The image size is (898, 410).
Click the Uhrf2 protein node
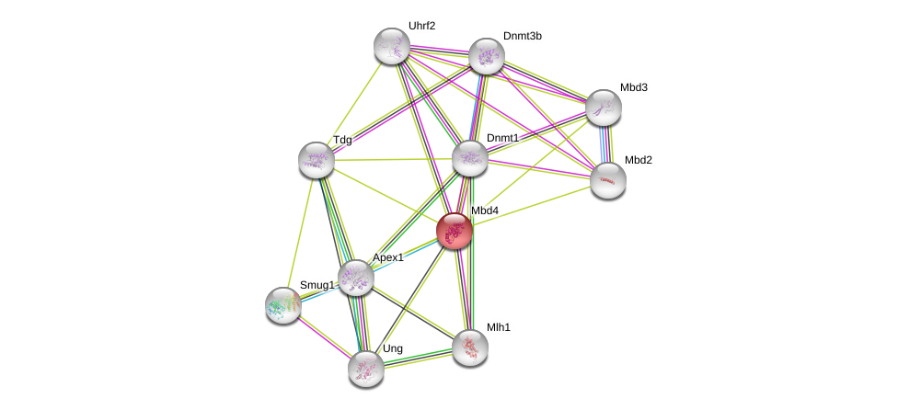click(391, 46)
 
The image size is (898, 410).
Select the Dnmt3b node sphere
click(487, 56)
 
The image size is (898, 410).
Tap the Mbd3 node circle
click(603, 108)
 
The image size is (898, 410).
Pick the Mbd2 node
click(607, 180)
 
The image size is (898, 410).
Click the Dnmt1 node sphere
click(469, 158)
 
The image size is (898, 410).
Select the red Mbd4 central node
click(454, 231)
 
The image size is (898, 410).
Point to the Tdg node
click(316, 160)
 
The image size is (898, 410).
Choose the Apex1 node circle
click(355, 278)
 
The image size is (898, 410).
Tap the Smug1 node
click(283, 305)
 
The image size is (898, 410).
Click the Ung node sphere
click(365, 369)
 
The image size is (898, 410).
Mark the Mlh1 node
click(469, 347)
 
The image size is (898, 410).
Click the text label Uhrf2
click(421, 26)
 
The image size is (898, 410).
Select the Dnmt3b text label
click(522, 36)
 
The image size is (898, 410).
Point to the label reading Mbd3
click(633, 87)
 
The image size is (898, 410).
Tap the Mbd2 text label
click(638, 160)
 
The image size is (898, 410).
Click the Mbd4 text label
click(485, 211)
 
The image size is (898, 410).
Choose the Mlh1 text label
click(499, 326)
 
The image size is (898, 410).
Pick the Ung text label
click(392, 348)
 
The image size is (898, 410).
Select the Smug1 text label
click(317, 285)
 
